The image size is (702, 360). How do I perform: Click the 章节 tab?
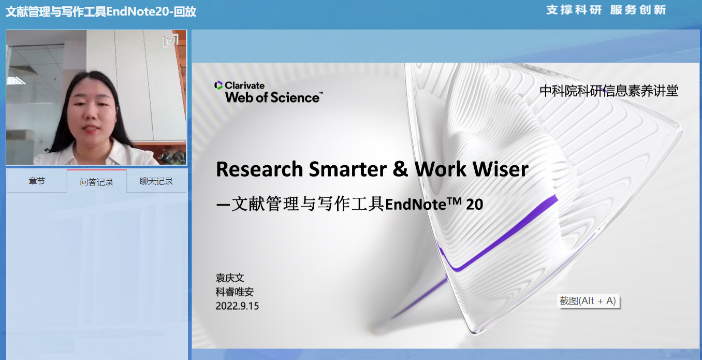[x=37, y=181]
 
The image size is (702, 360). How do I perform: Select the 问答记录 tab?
[x=96, y=182]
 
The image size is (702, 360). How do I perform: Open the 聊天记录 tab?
[x=156, y=181]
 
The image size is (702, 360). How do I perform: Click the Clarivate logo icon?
[x=218, y=85]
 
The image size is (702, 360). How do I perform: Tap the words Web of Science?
[x=272, y=97]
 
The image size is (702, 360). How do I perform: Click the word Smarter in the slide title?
[x=347, y=169]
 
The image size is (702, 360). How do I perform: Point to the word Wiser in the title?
[x=501, y=169]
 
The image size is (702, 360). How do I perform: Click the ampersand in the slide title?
[x=400, y=169]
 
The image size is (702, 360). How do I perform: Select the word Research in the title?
[x=259, y=169]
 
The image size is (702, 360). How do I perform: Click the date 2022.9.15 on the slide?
[x=237, y=306]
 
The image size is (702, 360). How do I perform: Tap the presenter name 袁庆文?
[x=230, y=278]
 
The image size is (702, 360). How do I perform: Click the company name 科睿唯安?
[x=235, y=292]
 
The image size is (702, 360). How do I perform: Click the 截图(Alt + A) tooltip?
[x=588, y=301]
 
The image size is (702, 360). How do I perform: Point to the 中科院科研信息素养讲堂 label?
[x=609, y=91]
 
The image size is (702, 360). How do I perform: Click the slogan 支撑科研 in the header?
[x=574, y=10]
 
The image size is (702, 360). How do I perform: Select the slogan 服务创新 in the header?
[x=638, y=10]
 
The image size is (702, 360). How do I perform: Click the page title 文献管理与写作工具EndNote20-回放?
[x=101, y=11]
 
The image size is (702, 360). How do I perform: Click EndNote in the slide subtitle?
[x=416, y=205]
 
